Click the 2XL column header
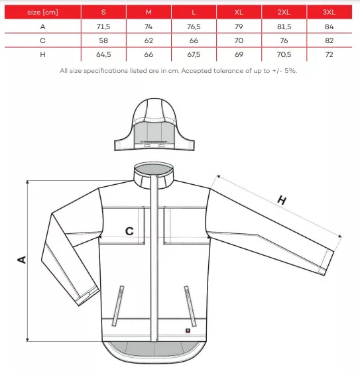(x=284, y=12)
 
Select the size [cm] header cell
(x=42, y=12)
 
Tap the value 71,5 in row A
(x=103, y=26)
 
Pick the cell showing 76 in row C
(x=284, y=40)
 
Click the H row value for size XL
(x=239, y=54)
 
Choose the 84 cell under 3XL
(x=329, y=26)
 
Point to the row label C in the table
(x=42, y=40)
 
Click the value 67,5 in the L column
(x=194, y=54)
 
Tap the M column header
(x=149, y=12)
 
